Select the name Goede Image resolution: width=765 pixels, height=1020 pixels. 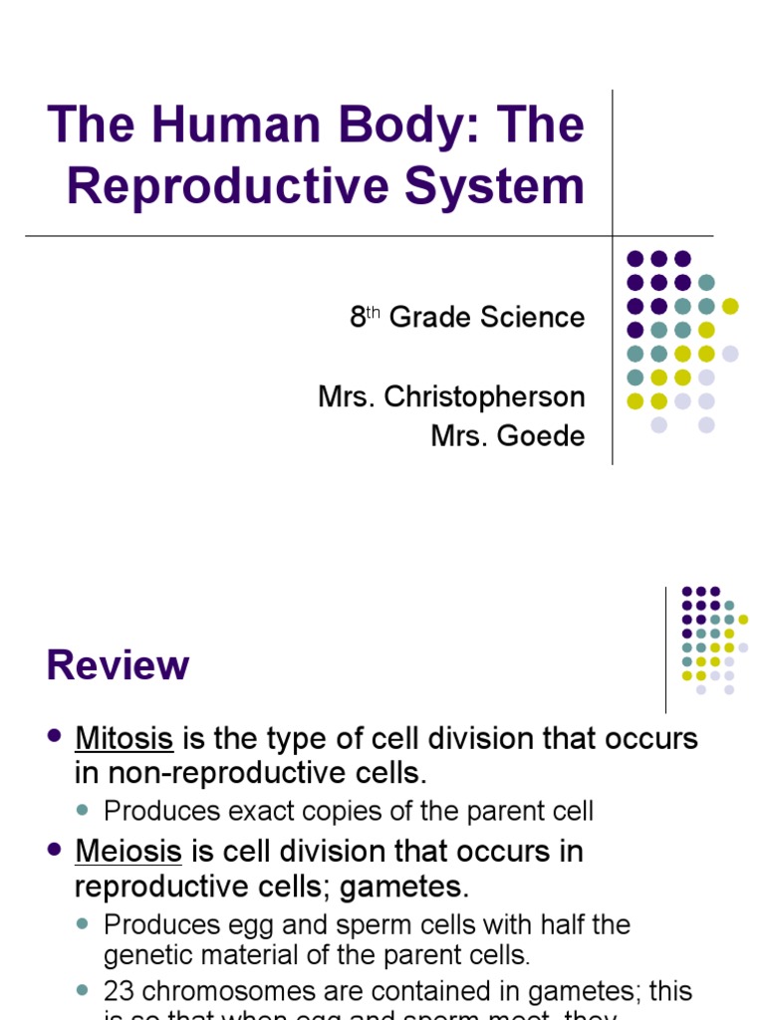(x=545, y=435)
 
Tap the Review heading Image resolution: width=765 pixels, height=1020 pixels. (x=118, y=665)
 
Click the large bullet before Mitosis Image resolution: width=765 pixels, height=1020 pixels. (x=55, y=737)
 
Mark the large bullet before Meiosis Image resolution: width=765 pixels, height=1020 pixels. (x=55, y=850)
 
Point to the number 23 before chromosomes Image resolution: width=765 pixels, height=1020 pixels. (x=120, y=992)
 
